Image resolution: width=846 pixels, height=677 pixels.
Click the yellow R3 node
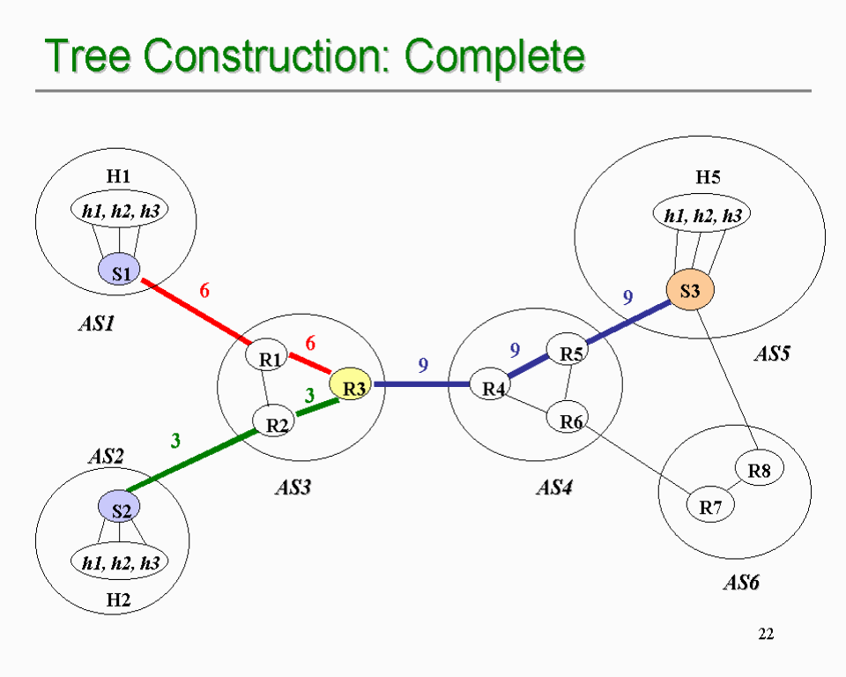pyautogui.click(x=351, y=383)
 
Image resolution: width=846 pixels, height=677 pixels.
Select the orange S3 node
pyautogui.click(x=690, y=289)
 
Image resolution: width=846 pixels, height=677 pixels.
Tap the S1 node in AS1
pyautogui.click(x=119, y=270)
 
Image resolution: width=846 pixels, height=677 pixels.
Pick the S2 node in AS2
pyautogui.click(x=119, y=507)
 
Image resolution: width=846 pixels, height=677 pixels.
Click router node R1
pyautogui.click(x=266, y=354)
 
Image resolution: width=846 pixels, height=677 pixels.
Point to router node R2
pyautogui.click(x=274, y=420)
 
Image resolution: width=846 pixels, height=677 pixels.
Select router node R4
pyautogui.click(x=491, y=383)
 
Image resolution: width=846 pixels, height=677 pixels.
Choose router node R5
pyautogui.click(x=568, y=349)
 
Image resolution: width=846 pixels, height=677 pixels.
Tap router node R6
pyautogui.click(x=568, y=417)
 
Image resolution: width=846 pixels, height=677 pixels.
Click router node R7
pyautogui.click(x=710, y=505)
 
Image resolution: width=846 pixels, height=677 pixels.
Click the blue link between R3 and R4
pyautogui.click(x=421, y=383)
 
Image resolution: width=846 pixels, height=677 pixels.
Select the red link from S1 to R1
pyautogui.click(x=196, y=311)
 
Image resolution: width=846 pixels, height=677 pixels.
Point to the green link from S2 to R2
pyautogui.click(x=191, y=460)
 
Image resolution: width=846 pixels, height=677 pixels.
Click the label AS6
pyautogui.click(x=741, y=583)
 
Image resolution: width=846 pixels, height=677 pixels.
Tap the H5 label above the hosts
pyautogui.click(x=708, y=177)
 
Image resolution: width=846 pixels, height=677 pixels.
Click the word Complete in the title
pyautogui.click(x=494, y=56)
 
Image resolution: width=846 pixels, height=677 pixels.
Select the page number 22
pyautogui.click(x=766, y=633)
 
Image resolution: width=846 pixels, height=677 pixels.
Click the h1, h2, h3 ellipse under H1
pyautogui.click(x=119, y=210)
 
